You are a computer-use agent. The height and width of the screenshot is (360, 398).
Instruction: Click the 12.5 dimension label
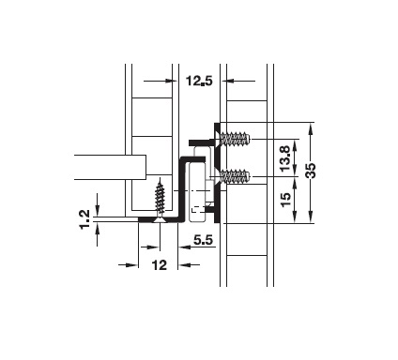(199, 81)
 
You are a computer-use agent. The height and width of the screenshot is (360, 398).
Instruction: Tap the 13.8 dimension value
(285, 158)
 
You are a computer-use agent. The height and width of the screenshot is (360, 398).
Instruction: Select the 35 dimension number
(311, 171)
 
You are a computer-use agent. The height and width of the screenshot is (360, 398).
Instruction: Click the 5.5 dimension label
(203, 240)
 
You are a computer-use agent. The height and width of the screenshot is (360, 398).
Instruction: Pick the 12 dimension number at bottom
(160, 265)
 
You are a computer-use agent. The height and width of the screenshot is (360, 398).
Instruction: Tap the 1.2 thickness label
(84, 219)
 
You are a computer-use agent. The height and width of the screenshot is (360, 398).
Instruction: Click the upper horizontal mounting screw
(233, 139)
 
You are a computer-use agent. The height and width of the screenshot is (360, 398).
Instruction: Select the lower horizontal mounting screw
(233, 176)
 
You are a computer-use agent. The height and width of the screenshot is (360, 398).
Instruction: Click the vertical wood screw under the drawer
(160, 200)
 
